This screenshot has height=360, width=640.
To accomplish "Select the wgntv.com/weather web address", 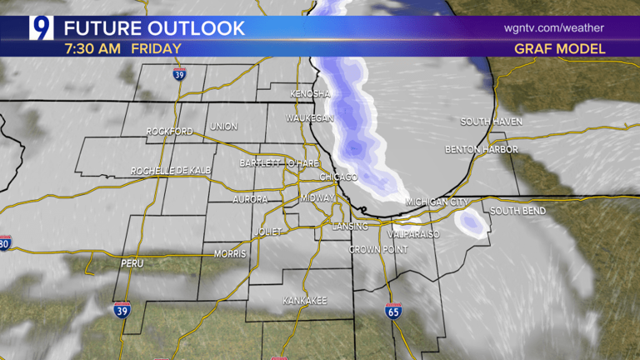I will [x=553, y=27].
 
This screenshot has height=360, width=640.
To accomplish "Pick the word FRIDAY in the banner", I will [x=154, y=48].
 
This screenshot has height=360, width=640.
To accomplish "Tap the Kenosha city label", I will [x=310, y=94].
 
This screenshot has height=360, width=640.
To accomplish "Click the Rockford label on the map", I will [x=169, y=132].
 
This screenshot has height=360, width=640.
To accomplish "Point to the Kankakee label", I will [x=304, y=300].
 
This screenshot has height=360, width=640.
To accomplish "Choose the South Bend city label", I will [x=517, y=211].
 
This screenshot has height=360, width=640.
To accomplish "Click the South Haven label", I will [x=491, y=122].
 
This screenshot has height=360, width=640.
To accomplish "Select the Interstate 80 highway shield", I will [x=5, y=244].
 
